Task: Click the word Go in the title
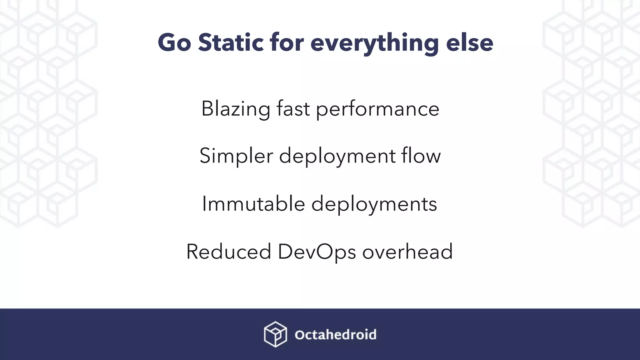(x=174, y=43)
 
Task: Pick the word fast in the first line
(x=293, y=108)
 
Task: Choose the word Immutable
(x=253, y=204)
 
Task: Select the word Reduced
(x=228, y=252)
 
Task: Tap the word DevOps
(x=317, y=252)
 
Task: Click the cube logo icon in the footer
(x=275, y=334)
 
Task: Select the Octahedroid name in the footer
(x=335, y=335)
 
